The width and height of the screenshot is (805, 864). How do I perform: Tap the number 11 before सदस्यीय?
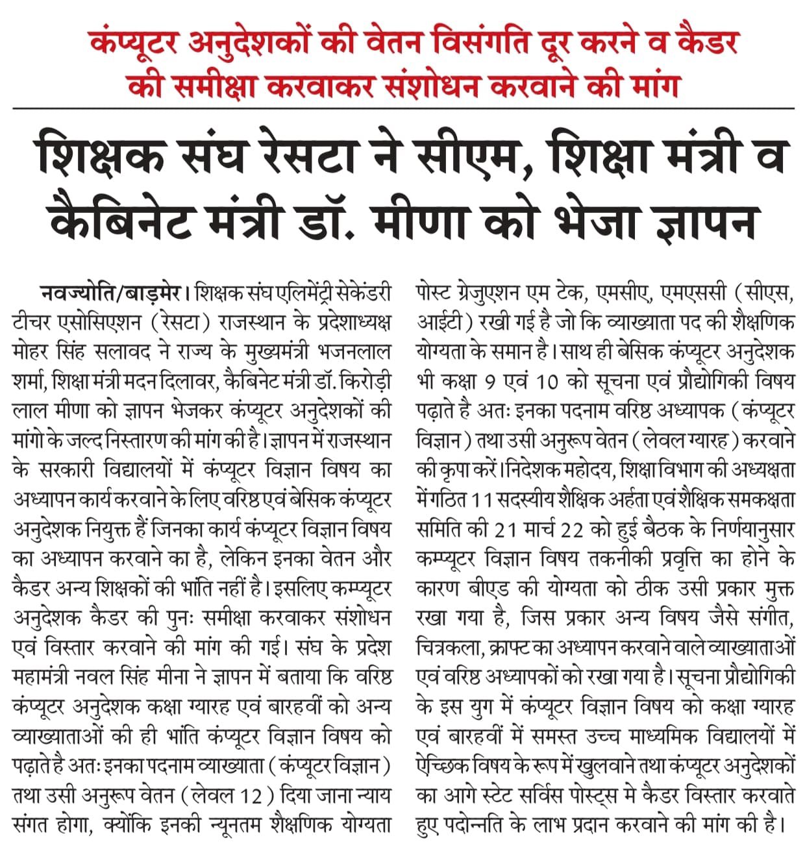click(481, 500)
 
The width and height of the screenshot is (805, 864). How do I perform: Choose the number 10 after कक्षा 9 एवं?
click(547, 382)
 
